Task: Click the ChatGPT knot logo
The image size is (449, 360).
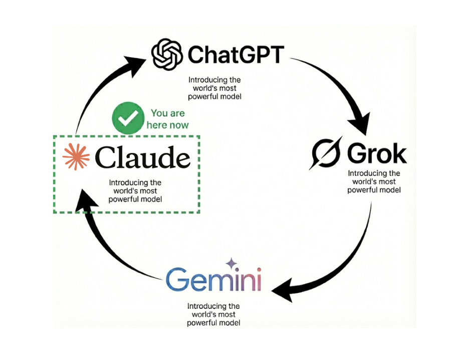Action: pyautogui.click(x=168, y=55)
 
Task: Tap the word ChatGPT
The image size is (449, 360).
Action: pyautogui.click(x=236, y=55)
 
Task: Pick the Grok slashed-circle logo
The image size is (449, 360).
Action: pyautogui.click(x=327, y=152)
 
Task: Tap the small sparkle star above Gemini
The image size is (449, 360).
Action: pyautogui.click(x=231, y=263)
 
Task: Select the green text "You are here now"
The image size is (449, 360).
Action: pyautogui.click(x=167, y=119)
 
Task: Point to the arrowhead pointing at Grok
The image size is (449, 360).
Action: pyautogui.click(x=358, y=123)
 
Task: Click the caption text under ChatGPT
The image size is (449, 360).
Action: pyautogui.click(x=214, y=88)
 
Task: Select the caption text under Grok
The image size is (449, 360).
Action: pyautogui.click(x=374, y=182)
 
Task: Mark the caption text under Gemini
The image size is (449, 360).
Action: pyautogui.click(x=213, y=314)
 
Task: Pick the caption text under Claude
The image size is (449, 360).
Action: pyautogui.click(x=135, y=191)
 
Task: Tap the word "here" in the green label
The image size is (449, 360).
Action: pyautogui.click(x=156, y=124)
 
